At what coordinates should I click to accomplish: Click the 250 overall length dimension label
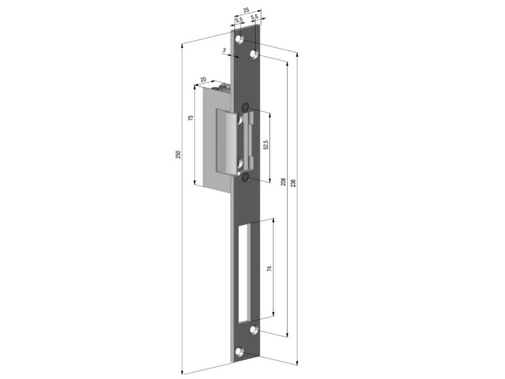pos(179,154)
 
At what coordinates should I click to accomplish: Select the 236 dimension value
pos(293,183)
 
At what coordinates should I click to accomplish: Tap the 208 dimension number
pos(283,182)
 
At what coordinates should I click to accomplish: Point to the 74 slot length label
pos(270,268)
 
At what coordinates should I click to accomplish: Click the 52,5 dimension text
pos(266,144)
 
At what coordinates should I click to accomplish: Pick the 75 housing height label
pos(191,117)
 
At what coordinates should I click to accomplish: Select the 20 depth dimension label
pos(203,80)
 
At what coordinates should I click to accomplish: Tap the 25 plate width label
pos(246,10)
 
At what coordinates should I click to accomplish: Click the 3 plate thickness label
pos(224,50)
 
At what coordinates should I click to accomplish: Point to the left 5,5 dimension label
pos(239,20)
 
